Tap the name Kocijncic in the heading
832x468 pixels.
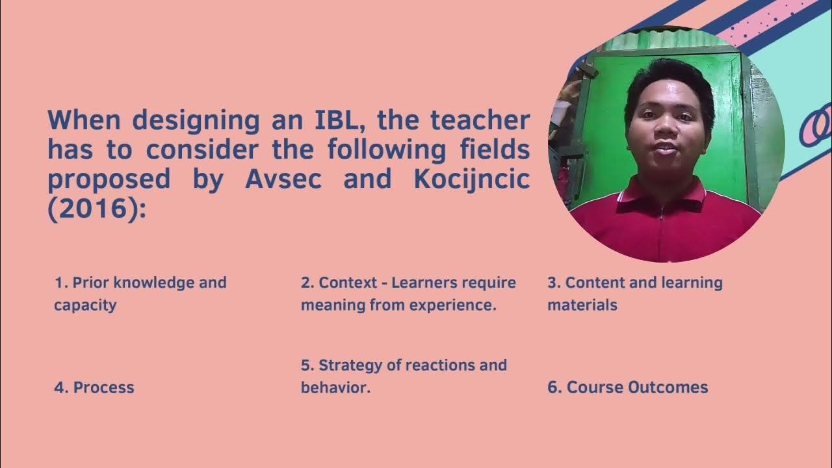[471, 179]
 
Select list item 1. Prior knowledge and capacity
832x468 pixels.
[140, 293]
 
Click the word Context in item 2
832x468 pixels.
[348, 283]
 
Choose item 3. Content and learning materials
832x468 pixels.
[634, 293]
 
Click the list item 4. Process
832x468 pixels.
[94, 387]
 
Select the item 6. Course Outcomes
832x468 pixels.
[627, 387]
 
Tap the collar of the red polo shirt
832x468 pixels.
[663, 195]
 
